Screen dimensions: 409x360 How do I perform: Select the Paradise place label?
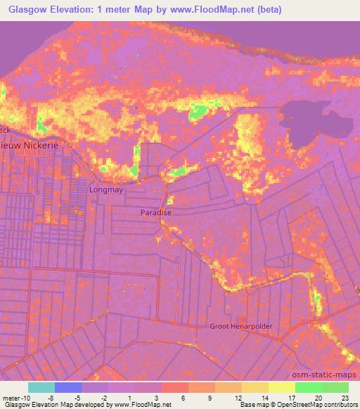(155, 212)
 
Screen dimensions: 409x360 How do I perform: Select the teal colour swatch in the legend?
(41, 387)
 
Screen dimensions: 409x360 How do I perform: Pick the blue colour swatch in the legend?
(67, 387)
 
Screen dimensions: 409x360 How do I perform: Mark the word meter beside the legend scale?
(9, 397)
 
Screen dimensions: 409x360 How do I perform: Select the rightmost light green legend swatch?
(335, 387)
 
